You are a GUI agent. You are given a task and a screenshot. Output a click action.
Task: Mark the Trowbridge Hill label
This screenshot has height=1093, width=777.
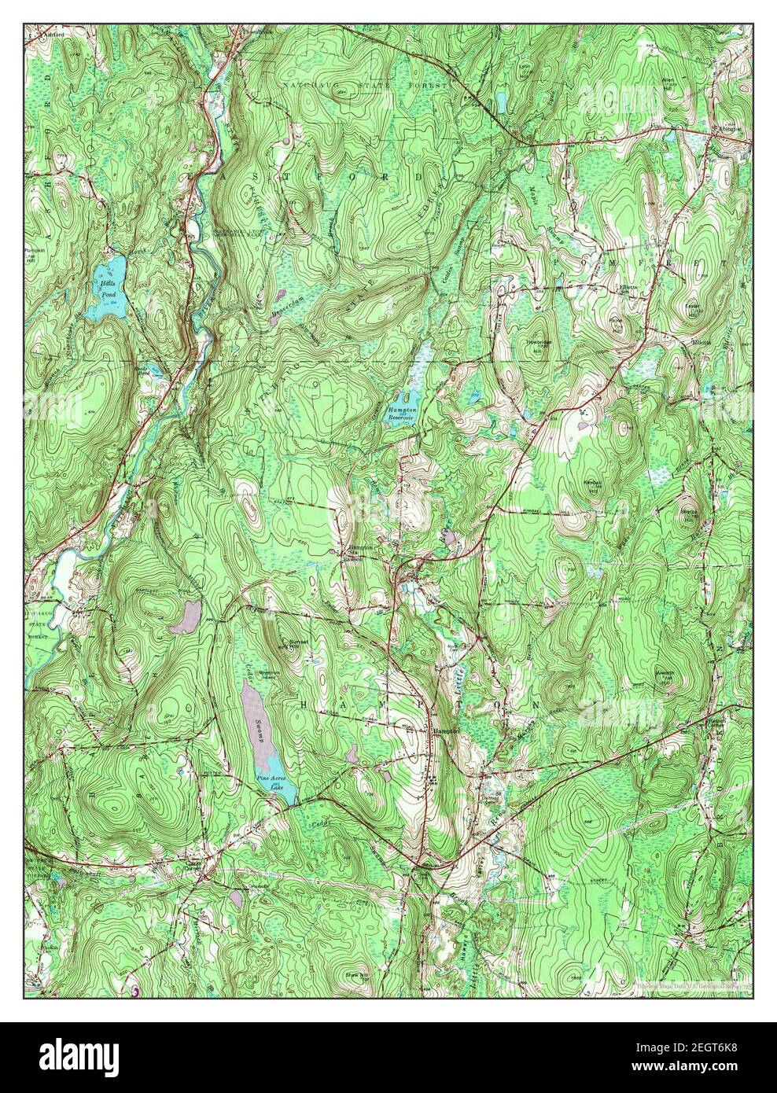click(536, 347)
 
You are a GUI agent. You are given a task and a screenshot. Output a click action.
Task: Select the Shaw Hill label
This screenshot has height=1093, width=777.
click(354, 976)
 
